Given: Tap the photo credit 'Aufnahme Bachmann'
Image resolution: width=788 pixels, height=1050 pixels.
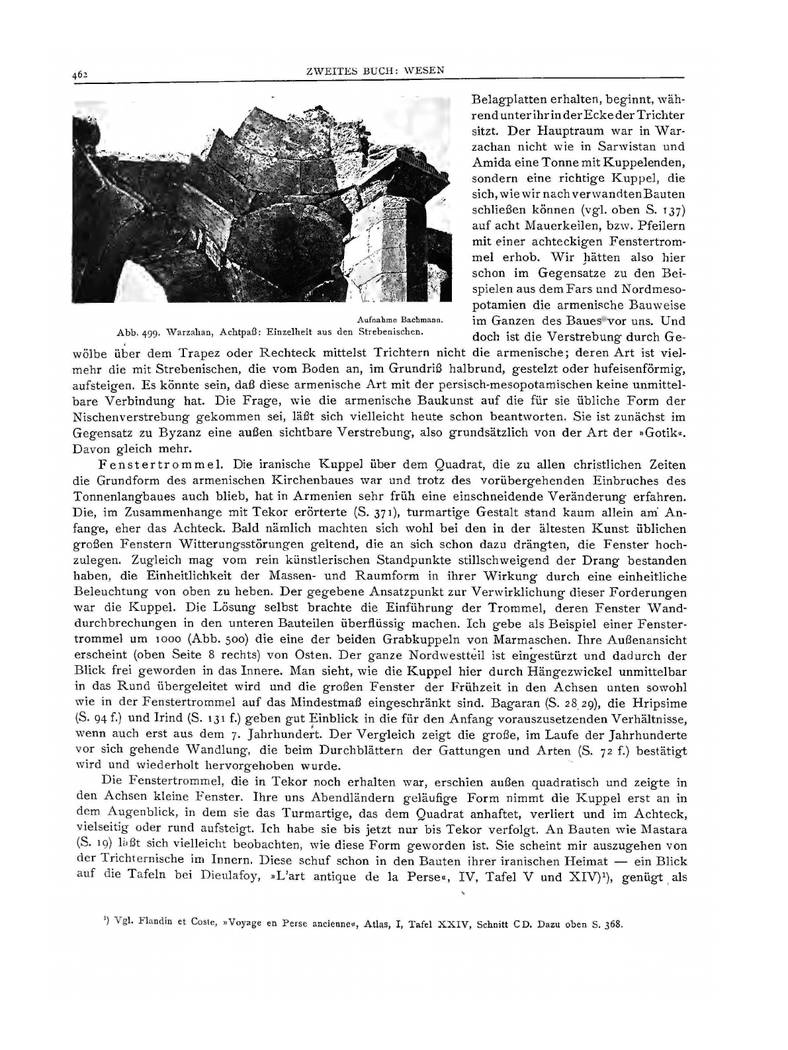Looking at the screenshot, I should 398,320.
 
